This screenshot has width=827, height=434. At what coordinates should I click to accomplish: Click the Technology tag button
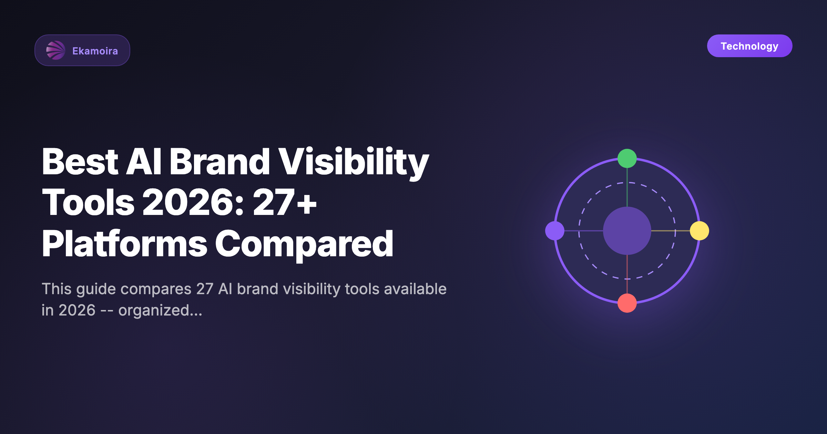[x=749, y=46]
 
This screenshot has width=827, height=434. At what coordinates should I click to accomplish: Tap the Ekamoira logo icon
[x=55, y=50]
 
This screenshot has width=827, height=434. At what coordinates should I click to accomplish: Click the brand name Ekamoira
[x=95, y=51]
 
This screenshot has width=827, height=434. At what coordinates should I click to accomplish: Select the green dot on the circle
[x=627, y=158]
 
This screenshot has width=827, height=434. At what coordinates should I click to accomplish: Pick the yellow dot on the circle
[x=699, y=231]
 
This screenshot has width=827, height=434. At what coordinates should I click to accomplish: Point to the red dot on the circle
[x=627, y=303]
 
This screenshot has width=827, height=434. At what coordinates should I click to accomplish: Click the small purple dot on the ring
[x=555, y=231]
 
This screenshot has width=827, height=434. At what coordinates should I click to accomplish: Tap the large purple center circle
[x=627, y=231]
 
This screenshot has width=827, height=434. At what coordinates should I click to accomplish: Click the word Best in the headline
[x=80, y=162]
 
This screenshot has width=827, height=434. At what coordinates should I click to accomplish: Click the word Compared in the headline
[x=304, y=245]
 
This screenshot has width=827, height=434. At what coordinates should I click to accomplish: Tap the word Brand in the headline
[x=219, y=162]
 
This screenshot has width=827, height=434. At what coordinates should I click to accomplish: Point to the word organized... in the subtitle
[x=160, y=311]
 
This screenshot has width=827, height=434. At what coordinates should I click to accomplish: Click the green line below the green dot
[x=627, y=188]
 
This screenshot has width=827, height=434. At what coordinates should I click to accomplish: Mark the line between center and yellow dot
[x=670, y=231]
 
